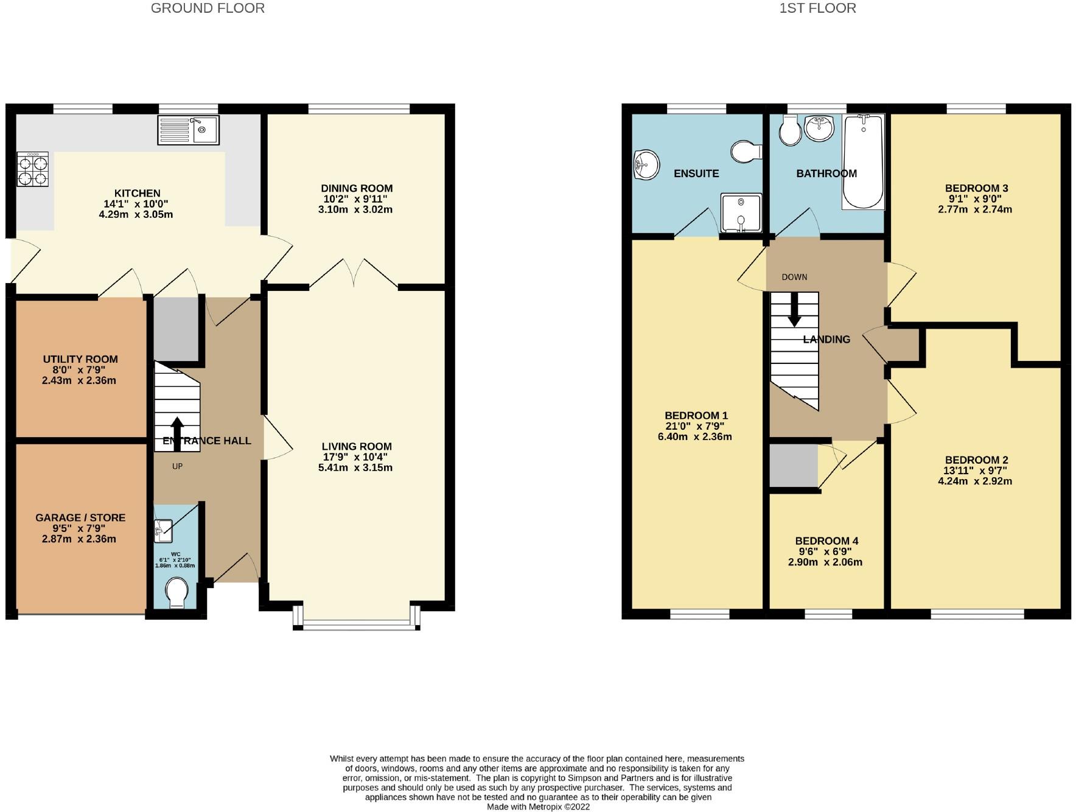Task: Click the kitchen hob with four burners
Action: (x=32, y=169)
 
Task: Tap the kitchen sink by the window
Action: (x=188, y=130)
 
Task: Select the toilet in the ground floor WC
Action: (x=176, y=592)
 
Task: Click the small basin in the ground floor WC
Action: (x=164, y=530)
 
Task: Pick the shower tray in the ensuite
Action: (x=741, y=212)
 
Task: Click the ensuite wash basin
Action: (x=646, y=165)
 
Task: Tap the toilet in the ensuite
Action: (x=747, y=152)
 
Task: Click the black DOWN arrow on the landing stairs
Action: (x=794, y=310)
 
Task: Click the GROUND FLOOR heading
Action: (x=208, y=8)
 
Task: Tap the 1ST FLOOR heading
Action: (x=817, y=8)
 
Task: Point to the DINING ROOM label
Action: (x=357, y=189)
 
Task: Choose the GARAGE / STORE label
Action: (x=80, y=518)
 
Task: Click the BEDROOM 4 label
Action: (x=826, y=541)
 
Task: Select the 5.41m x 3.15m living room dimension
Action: (x=355, y=467)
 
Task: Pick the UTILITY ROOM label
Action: (x=80, y=359)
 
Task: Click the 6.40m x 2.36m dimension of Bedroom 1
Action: (x=695, y=436)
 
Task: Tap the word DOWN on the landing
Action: (x=794, y=277)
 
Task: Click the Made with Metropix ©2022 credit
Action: (x=538, y=807)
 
